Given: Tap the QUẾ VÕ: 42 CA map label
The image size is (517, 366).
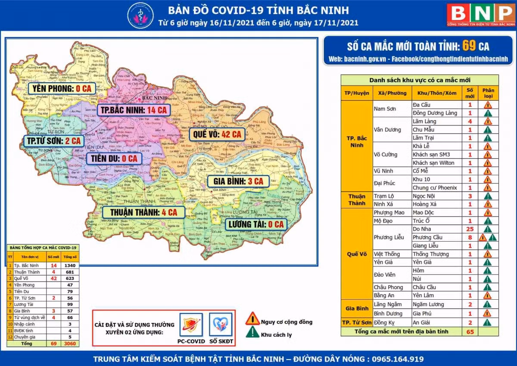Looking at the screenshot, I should (217, 134).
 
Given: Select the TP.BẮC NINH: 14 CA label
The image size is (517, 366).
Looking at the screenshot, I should (133, 110).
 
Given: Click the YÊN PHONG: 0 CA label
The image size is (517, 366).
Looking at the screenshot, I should (61, 88).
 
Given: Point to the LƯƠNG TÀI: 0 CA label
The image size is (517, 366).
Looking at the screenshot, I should (256, 224).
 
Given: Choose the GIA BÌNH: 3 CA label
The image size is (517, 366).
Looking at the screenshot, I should (238, 181).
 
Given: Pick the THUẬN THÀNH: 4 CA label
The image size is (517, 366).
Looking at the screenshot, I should (143, 212).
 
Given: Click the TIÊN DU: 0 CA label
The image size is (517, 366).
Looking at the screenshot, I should (113, 158).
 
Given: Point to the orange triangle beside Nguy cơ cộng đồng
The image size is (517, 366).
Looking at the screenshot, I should (252, 319).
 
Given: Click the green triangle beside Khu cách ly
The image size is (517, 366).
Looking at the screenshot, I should (252, 332).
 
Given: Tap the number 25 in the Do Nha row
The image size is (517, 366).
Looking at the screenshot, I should (470, 229).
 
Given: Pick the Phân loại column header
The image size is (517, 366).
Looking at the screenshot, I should (488, 93).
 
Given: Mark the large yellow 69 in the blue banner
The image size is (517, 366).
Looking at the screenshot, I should (469, 46).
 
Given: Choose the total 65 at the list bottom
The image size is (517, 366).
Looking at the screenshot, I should (470, 332).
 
